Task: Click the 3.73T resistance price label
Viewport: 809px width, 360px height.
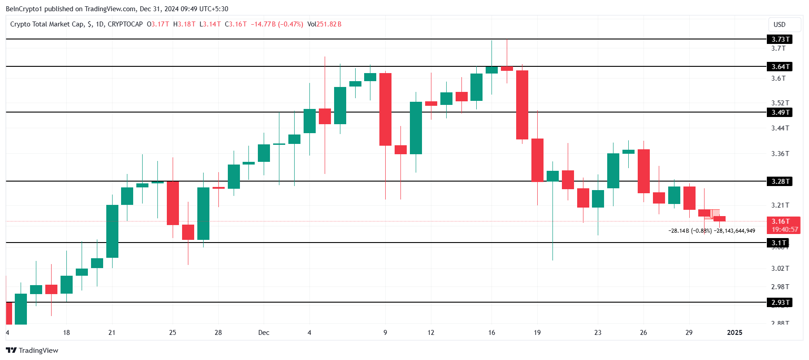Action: coord(779,39)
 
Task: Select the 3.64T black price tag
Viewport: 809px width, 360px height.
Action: coord(779,67)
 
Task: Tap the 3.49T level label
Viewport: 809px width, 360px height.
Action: coord(779,113)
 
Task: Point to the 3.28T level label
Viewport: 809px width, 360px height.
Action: coord(779,182)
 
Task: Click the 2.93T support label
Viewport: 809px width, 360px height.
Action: coord(779,303)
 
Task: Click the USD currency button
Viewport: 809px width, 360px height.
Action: coord(779,25)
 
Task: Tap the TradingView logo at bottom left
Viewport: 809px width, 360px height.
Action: coord(32,350)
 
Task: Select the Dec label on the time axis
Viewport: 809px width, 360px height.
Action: coord(264,333)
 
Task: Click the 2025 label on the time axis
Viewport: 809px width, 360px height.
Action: coord(734,333)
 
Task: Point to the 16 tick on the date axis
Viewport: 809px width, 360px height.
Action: coord(491,333)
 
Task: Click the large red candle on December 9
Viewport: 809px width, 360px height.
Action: coord(385,109)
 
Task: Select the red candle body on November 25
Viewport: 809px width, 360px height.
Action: coord(173,203)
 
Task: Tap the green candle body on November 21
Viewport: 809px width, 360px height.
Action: coord(112,231)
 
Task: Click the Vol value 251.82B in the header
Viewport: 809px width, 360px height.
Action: coord(329,24)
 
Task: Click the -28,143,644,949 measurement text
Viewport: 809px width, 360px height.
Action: coord(735,231)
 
